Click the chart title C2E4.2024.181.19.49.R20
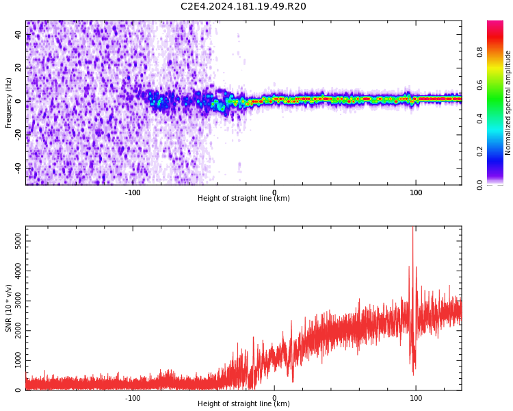[243, 7]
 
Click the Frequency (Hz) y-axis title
[9, 103]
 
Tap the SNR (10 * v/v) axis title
[9, 308]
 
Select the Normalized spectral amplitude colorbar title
[508, 103]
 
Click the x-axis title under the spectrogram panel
[244, 199]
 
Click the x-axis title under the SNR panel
[244, 404]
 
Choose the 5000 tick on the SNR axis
[14, 241]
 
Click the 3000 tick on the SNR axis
[14, 301]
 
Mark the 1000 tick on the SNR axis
[14, 360]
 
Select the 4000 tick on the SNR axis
[14, 271]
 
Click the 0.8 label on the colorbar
[480, 51]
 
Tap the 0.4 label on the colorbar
[480, 118]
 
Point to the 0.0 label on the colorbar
[480, 184]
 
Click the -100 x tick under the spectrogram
[133, 192]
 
